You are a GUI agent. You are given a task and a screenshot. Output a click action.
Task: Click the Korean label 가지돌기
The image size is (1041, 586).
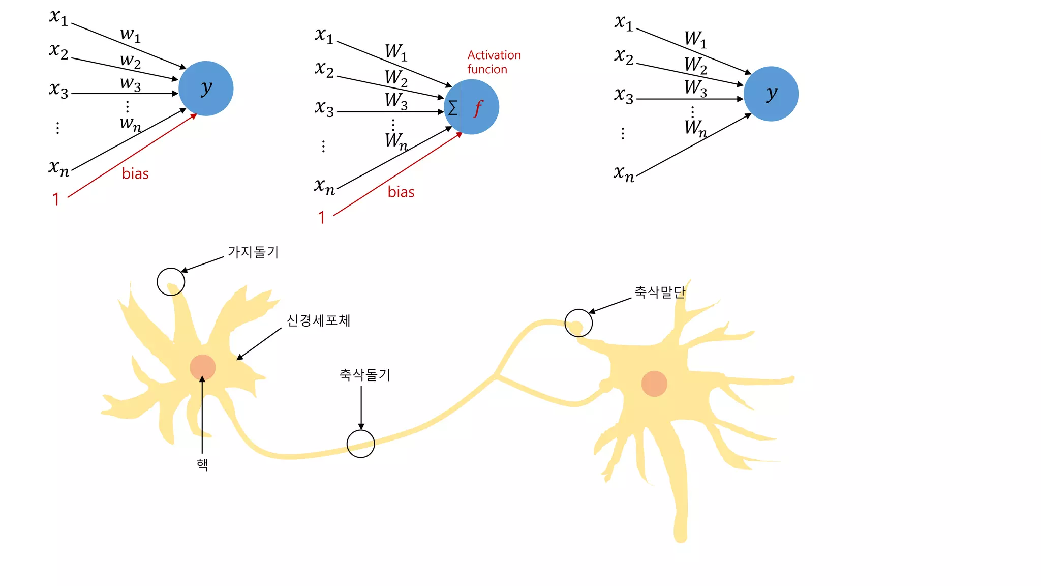point(253,252)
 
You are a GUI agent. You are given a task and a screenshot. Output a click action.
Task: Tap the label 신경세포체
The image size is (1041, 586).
point(318,320)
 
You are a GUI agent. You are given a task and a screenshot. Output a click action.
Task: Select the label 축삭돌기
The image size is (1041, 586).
point(364,375)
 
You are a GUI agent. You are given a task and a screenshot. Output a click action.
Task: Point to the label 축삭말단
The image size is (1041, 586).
point(660,292)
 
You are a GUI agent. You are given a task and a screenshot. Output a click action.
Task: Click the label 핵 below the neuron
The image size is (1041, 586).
point(202,464)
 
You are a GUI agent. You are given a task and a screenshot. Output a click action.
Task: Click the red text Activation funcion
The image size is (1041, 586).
point(494,62)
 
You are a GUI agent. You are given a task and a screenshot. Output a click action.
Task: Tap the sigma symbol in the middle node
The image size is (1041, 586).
point(452,108)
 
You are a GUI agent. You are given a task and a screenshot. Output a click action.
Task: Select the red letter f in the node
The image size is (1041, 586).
point(478,108)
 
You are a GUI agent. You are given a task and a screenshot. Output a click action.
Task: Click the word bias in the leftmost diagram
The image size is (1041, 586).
point(135,174)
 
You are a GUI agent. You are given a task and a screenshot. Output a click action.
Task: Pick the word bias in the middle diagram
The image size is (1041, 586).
point(401,192)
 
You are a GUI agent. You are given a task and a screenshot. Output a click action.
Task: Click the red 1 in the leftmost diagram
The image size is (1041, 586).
point(56,199)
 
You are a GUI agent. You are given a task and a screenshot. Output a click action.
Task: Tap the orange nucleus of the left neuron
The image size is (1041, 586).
point(203,367)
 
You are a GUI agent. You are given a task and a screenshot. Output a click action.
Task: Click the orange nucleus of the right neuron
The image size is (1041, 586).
point(654,384)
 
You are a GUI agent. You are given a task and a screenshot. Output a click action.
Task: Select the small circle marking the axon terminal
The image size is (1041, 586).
point(578,323)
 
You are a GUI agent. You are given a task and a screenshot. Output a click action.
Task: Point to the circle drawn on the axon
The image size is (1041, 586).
point(361,444)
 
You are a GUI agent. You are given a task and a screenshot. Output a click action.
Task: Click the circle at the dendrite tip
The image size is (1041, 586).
point(171,282)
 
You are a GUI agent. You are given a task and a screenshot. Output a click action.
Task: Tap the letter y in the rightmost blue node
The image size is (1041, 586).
point(772,94)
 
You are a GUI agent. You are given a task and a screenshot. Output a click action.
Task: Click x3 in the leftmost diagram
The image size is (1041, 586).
point(59,90)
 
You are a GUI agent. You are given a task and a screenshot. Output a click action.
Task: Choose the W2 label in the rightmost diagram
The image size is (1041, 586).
point(695,65)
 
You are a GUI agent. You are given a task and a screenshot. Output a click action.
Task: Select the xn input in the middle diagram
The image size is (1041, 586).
point(325,187)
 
